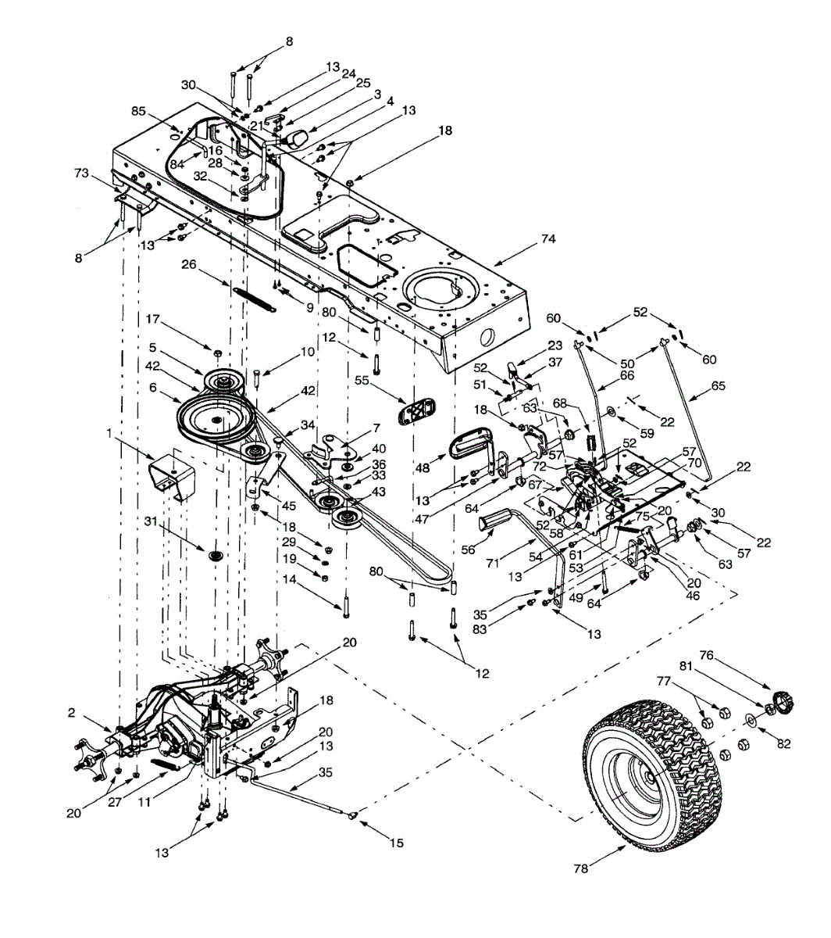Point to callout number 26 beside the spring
tap(188, 265)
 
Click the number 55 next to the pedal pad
tap(360, 381)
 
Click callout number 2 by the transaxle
tap(71, 712)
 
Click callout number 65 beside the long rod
tap(719, 385)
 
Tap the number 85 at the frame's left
tap(138, 111)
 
